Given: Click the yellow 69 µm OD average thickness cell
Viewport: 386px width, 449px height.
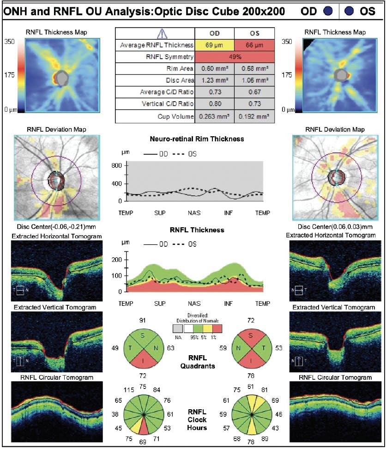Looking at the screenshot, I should tap(215, 45).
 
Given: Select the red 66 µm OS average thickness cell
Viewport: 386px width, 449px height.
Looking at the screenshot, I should tap(254, 45).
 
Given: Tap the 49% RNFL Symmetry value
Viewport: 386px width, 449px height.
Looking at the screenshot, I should tap(235, 57).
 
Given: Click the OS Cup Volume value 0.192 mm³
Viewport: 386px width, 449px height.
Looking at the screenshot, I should tap(254, 117).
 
